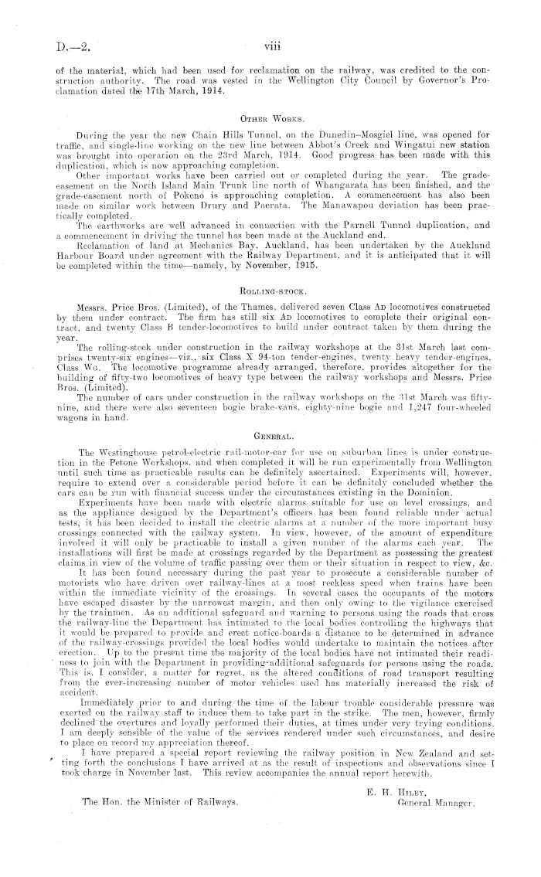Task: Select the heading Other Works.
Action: pyautogui.click(x=270, y=120)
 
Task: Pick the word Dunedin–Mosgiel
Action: pyautogui.click(x=383, y=136)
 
